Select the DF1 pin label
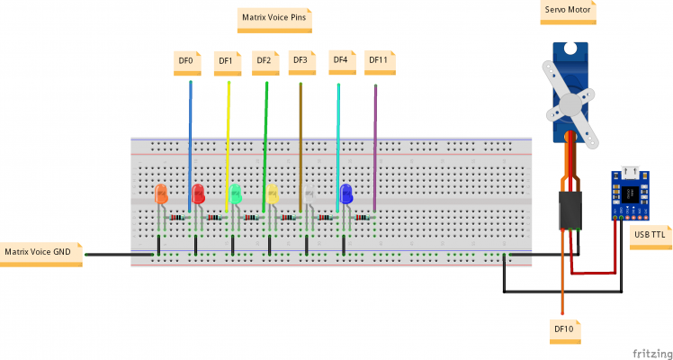(x=226, y=61)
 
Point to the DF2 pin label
(x=264, y=61)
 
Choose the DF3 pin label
(x=301, y=61)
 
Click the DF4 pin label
(x=340, y=60)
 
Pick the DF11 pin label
(x=379, y=61)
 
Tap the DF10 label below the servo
(x=564, y=329)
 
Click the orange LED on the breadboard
(x=161, y=194)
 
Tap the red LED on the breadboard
(x=198, y=193)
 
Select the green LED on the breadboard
(x=235, y=193)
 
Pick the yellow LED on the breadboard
(x=272, y=193)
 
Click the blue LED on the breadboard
(x=345, y=193)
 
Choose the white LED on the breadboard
(x=309, y=194)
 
